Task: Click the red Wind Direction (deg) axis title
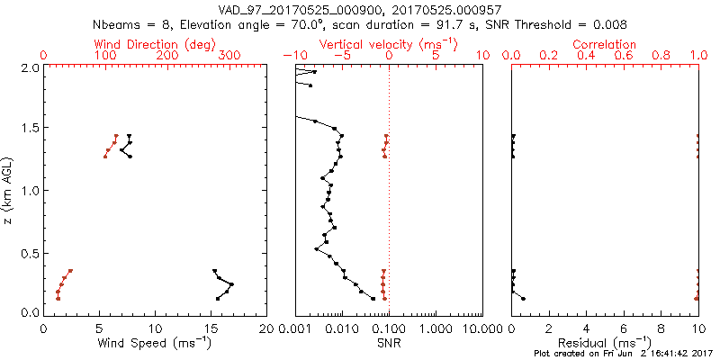coord(156,44)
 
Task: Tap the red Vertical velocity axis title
coord(389,44)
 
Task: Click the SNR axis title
coord(389,343)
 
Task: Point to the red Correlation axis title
coord(606,44)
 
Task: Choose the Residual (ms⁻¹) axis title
coord(606,343)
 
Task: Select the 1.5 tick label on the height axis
coord(29,129)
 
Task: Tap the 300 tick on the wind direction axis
coord(229,56)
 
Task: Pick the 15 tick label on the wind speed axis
coord(211,328)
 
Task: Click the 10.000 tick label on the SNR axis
coord(482,328)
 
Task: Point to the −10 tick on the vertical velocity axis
coord(292,56)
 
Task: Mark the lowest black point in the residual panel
coord(523,298)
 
